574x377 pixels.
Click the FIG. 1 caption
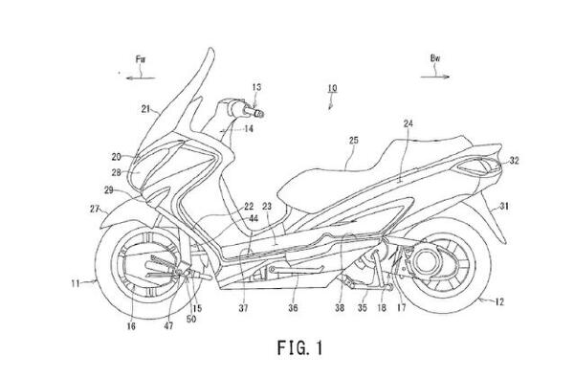(x=299, y=347)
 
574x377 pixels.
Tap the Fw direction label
(x=141, y=59)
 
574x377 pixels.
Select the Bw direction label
(x=435, y=58)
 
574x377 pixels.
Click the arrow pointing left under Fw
(x=141, y=78)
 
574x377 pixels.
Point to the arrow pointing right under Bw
(x=435, y=77)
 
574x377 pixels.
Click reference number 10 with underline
(x=332, y=88)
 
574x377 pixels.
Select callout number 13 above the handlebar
(x=256, y=87)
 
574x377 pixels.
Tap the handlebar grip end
(x=259, y=113)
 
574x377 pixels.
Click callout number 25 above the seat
(x=354, y=141)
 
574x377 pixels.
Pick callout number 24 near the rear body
(x=408, y=123)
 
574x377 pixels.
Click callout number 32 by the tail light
(x=514, y=161)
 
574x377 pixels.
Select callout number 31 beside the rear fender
(x=504, y=207)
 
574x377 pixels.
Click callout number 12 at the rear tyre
(x=499, y=302)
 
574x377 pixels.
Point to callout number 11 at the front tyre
(x=76, y=283)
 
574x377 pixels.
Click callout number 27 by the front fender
(x=95, y=209)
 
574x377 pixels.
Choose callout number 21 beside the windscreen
(x=145, y=109)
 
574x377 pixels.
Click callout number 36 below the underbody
(x=293, y=308)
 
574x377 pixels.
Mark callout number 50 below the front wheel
(x=191, y=320)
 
